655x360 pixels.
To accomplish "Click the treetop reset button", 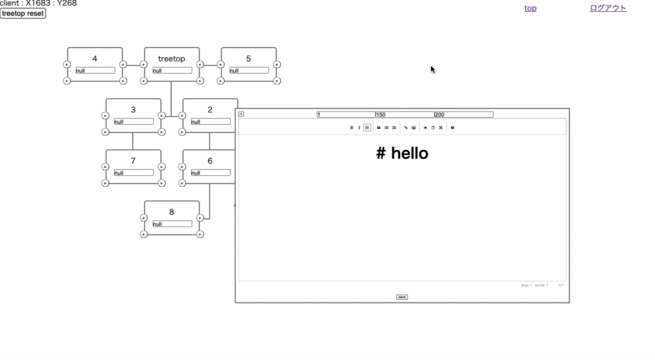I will [23, 14].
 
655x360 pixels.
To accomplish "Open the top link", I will [531, 9].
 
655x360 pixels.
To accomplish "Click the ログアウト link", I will [608, 9].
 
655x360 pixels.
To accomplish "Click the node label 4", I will [95, 59].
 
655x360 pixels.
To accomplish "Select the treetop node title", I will [172, 59].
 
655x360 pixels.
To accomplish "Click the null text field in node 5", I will [249, 71].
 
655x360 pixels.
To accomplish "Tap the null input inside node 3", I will [134, 122].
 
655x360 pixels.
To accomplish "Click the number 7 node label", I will [133, 161].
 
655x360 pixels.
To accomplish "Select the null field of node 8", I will [172, 224].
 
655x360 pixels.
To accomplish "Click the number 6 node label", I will [210, 161].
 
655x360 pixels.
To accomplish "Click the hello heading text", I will [402, 154].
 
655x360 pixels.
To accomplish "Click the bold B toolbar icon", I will [352, 128].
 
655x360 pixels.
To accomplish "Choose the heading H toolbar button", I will [367, 128].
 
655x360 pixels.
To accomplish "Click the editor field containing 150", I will [404, 115].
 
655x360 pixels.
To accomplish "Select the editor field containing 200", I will [463, 115].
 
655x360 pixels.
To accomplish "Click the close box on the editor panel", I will [241, 114].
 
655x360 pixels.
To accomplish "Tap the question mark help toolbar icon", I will [453, 128].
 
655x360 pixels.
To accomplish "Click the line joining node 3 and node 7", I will [133, 141].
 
